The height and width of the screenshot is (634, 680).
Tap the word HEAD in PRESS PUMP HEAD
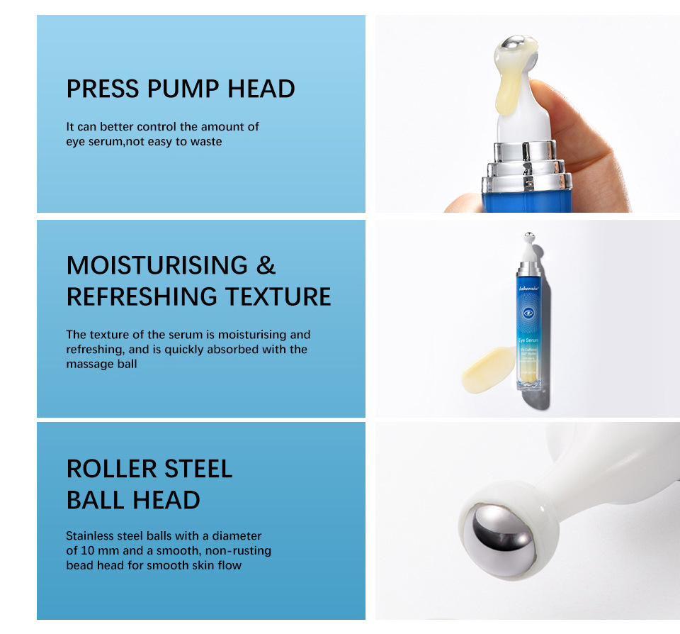(x=261, y=89)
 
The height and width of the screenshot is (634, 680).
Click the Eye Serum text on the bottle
(x=528, y=340)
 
